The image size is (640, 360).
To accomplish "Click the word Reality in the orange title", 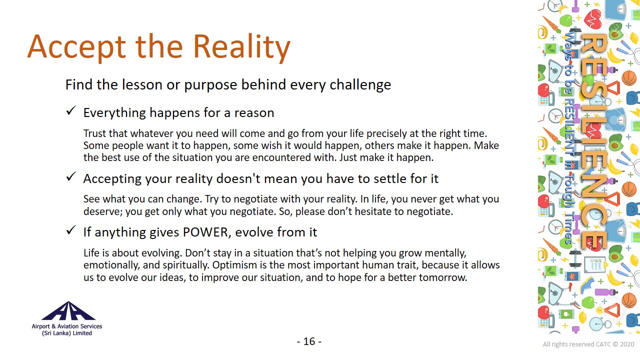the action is tap(241, 47).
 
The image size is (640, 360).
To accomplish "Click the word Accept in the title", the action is tap(76, 47).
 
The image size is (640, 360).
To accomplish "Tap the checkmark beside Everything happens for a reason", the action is tap(71, 110).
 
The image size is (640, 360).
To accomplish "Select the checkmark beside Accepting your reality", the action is tap(71, 176).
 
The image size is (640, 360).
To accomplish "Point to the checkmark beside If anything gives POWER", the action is tap(71, 229).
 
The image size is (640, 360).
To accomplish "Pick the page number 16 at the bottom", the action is tap(309, 341).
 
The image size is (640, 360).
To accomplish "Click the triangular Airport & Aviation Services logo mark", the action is tap(68, 311).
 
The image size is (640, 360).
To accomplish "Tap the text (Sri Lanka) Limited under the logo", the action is tap(67, 333).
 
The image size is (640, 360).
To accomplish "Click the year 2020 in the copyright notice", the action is tap(627, 344).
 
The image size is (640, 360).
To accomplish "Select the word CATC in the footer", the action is tap(603, 344).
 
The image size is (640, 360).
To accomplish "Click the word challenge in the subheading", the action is tap(360, 85).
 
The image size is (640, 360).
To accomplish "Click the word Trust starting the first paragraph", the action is tap(95, 133).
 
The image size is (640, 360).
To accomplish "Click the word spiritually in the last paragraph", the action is tap(187, 265).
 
